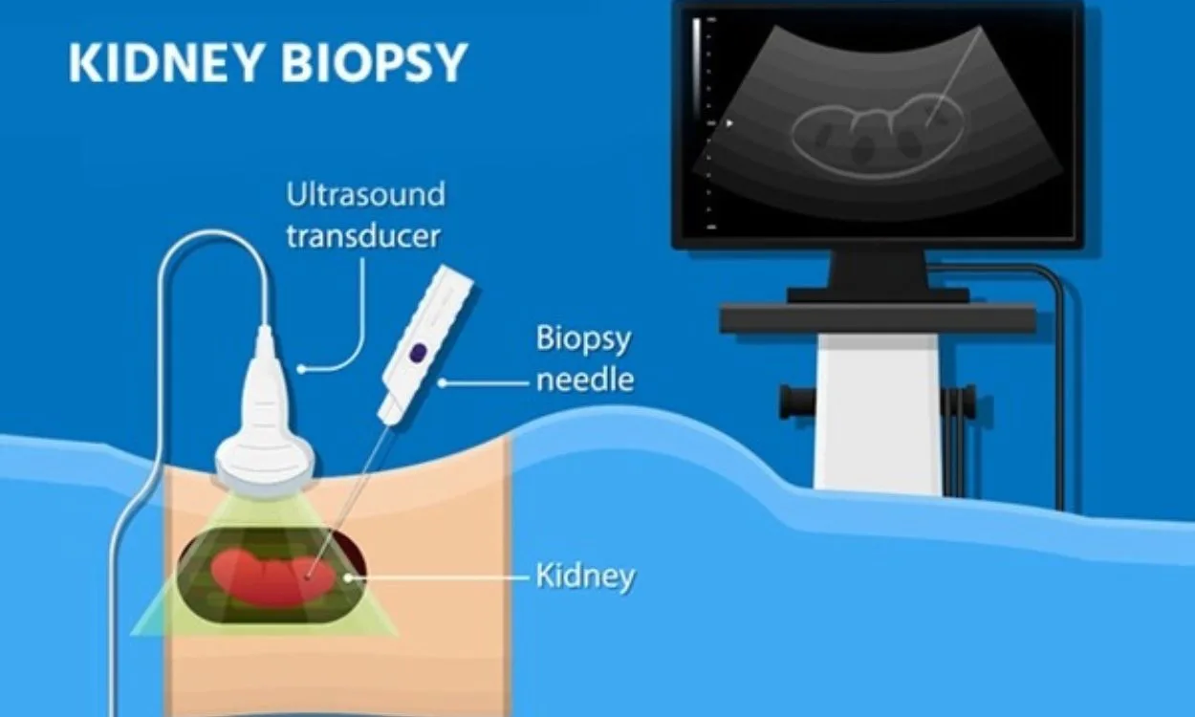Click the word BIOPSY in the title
(375, 62)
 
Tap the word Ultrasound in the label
(366, 194)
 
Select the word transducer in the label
(364, 236)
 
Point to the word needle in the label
(585, 380)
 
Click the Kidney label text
(586, 576)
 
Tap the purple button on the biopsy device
(419, 352)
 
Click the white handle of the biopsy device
(425, 345)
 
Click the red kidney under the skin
(273, 577)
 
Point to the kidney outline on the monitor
(878, 135)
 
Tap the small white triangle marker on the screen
(729, 123)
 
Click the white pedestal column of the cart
(878, 413)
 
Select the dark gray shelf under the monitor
(879, 318)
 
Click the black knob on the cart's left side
(797, 402)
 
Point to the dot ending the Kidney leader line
(348, 577)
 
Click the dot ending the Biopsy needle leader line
(442, 382)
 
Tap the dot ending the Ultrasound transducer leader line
(301, 369)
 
